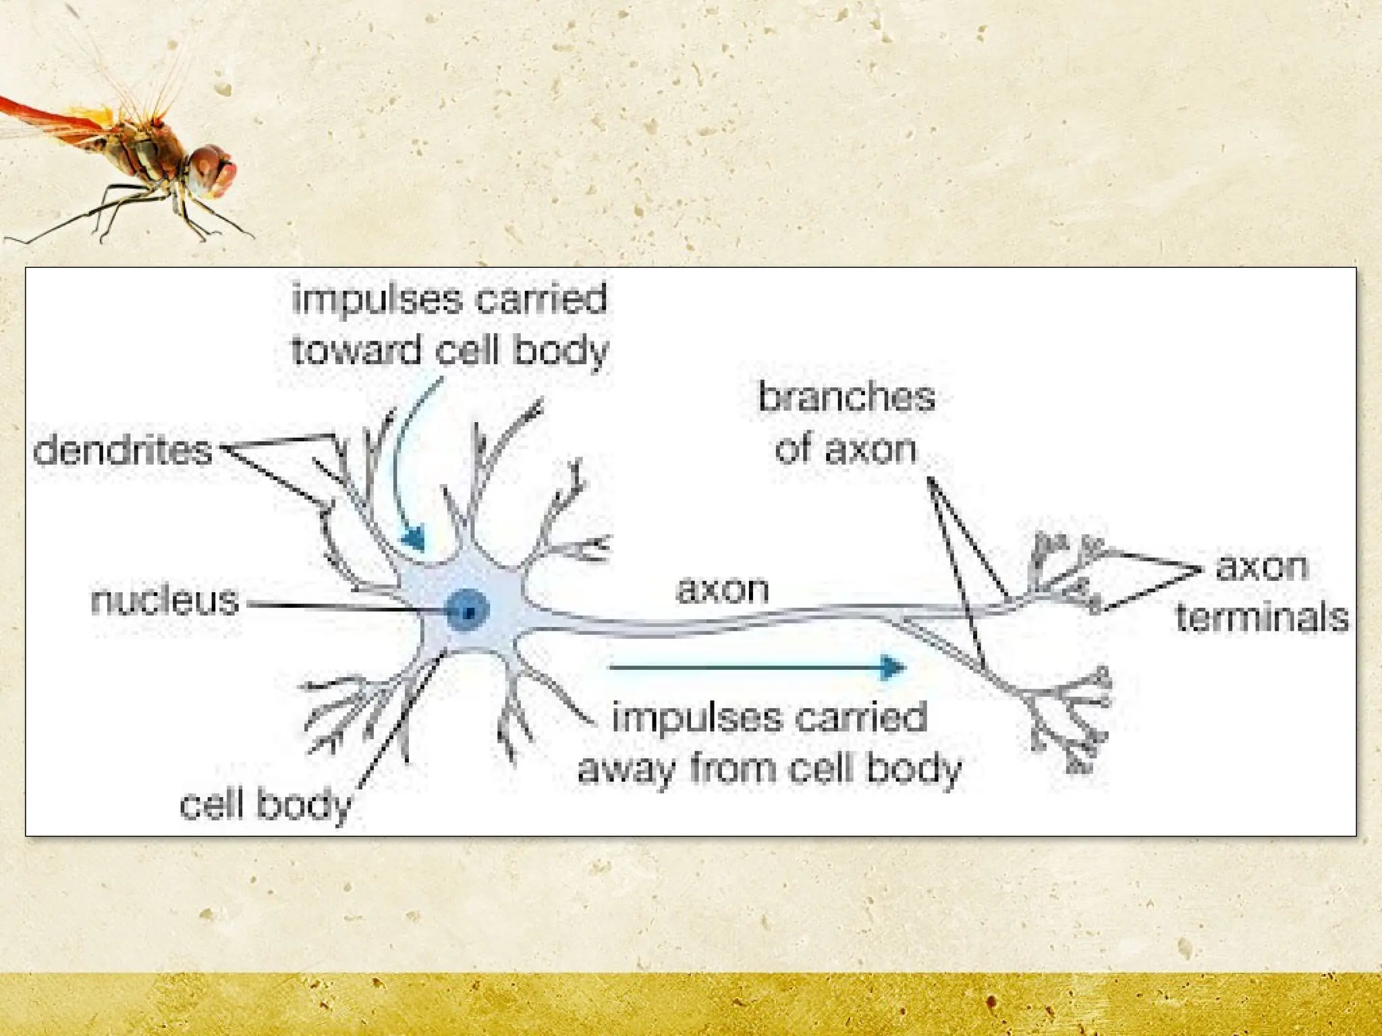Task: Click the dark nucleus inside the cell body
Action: (468, 610)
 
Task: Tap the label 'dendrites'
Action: (123, 451)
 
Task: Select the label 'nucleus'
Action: (165, 600)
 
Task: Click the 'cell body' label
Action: (265, 804)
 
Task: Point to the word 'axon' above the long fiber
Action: (722, 589)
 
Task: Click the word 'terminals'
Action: (1262, 617)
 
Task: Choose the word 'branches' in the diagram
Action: (846, 397)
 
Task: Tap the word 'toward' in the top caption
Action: (356, 351)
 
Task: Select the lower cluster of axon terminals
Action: (1073, 722)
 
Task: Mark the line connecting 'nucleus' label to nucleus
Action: (344, 607)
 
